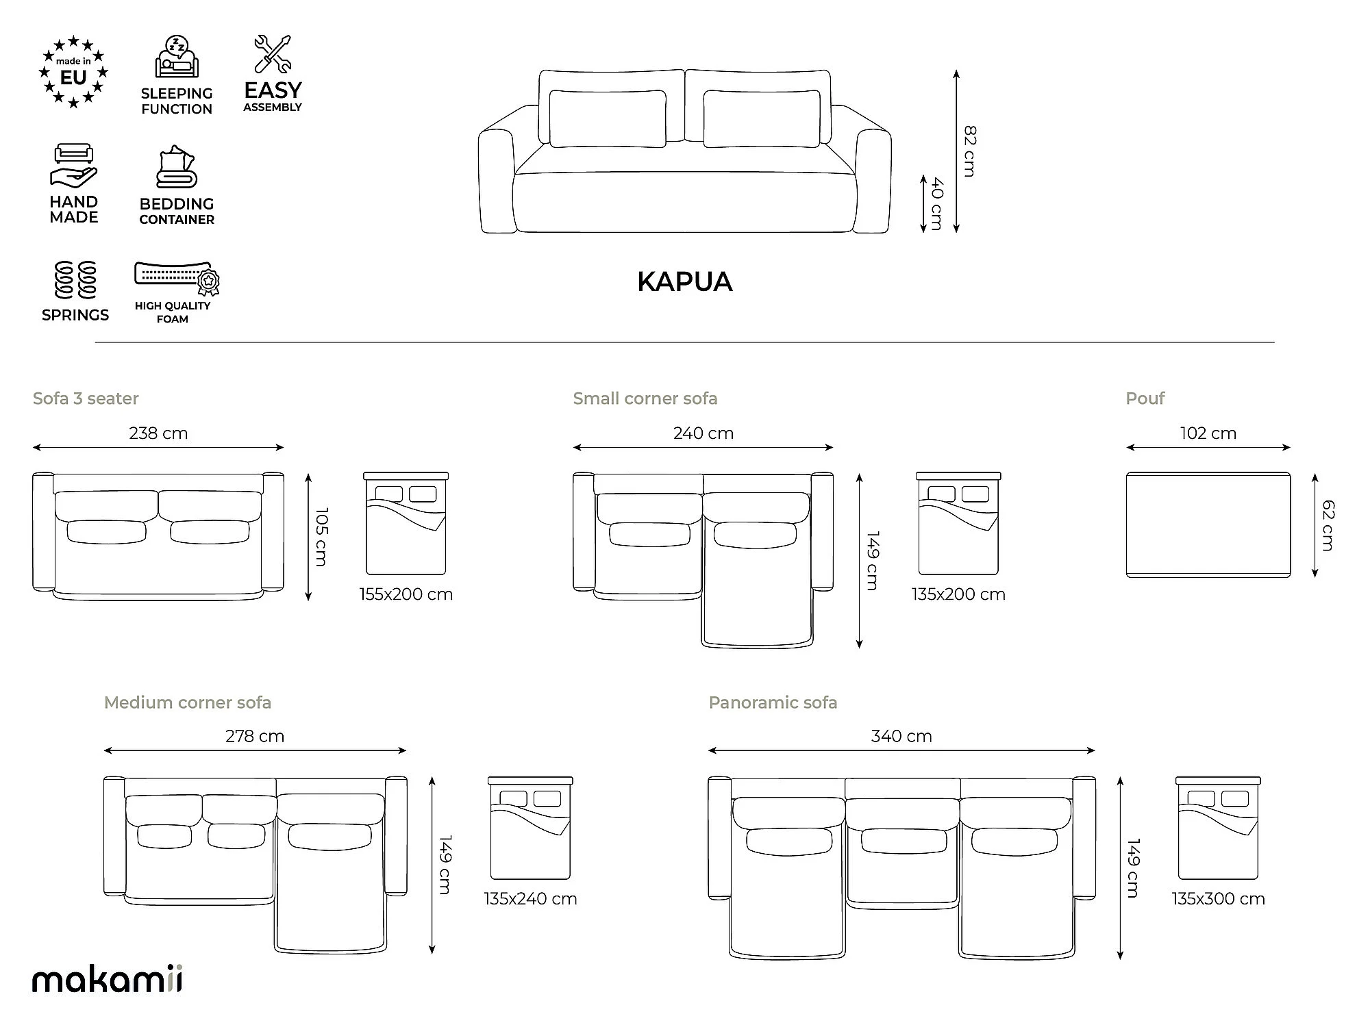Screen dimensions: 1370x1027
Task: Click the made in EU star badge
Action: [73, 72]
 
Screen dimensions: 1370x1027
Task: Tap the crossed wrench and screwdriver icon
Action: [273, 54]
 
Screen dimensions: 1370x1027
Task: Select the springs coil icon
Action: [75, 280]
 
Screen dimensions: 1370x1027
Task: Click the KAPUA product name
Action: [685, 282]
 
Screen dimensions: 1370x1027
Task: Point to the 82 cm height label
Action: [969, 151]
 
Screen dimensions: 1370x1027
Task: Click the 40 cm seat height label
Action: [937, 203]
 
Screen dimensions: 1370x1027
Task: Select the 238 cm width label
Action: [158, 433]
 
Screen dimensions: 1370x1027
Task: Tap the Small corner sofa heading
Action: [645, 398]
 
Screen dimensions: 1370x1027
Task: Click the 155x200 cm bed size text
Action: [406, 594]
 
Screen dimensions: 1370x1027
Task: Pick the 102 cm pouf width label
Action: [1208, 433]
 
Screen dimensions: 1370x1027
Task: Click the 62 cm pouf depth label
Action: [1328, 525]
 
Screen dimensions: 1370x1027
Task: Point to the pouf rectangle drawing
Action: [1208, 524]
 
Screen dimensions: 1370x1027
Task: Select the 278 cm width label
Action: [255, 737]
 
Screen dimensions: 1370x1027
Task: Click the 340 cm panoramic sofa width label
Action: [901, 737]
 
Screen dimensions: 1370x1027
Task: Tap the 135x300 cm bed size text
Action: [1219, 899]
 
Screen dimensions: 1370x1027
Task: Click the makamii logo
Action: [108, 980]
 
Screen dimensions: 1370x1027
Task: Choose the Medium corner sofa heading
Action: [188, 702]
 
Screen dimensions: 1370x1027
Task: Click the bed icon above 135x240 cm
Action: [530, 828]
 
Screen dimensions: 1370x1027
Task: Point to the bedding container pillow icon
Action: [177, 166]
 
